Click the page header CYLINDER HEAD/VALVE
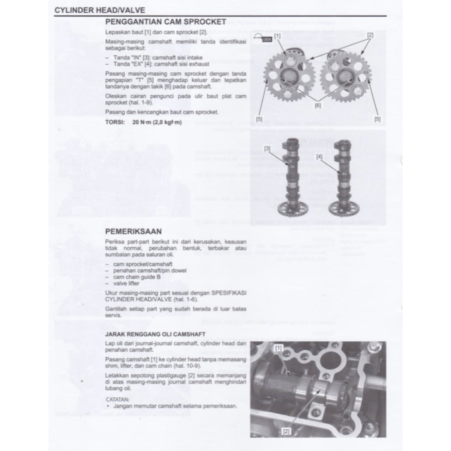point(100,10)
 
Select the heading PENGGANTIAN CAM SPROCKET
point(166,22)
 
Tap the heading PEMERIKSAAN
point(133,231)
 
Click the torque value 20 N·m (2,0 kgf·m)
point(156,122)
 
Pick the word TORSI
point(115,122)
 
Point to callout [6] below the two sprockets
point(318,106)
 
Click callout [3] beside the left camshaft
point(267,148)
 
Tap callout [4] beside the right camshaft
point(319,156)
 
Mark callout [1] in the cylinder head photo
point(278,348)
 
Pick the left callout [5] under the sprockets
point(259,119)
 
